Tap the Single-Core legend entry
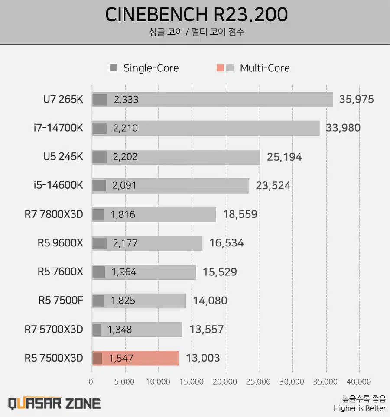point(144,68)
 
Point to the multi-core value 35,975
point(356,99)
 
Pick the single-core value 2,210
point(126,128)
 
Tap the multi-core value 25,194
point(284,157)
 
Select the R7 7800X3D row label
point(54,214)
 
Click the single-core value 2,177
point(125,243)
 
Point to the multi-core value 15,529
point(219,272)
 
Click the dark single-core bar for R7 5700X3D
point(97,330)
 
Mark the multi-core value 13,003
point(202,358)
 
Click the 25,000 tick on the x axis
point(259,381)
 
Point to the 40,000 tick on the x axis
point(359,381)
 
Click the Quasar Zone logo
point(55,403)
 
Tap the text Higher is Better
point(359,408)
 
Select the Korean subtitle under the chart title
point(196,32)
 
